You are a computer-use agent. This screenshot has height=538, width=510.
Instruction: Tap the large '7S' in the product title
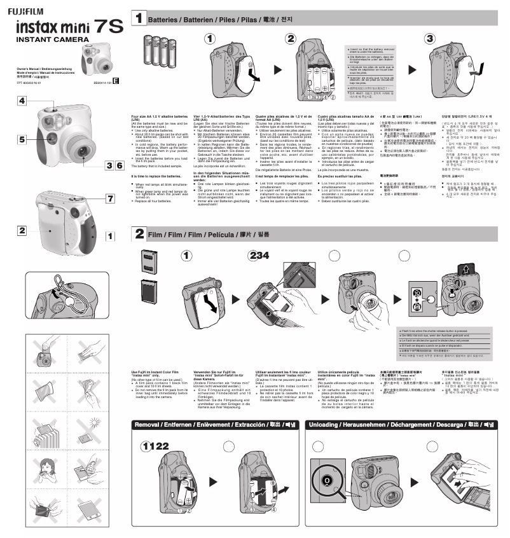pos(107,27)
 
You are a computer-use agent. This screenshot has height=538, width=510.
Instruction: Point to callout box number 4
pos(22,101)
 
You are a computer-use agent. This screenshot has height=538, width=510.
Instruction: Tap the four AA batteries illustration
pos(158,50)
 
